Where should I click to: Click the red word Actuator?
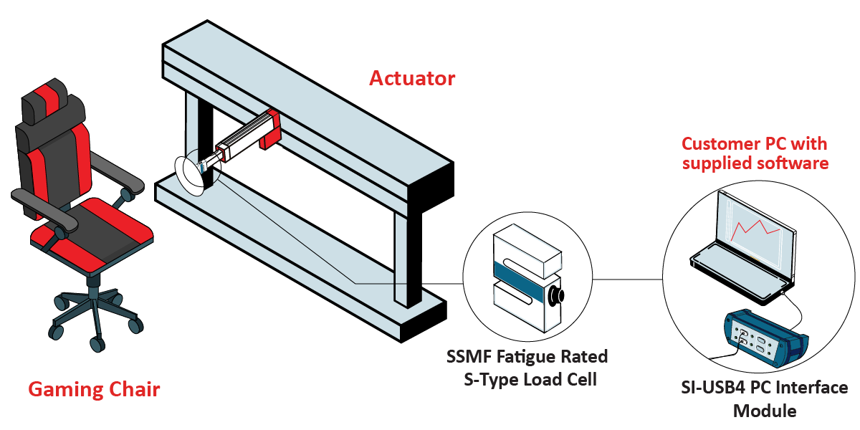click(x=412, y=78)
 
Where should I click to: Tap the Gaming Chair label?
click(x=94, y=390)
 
